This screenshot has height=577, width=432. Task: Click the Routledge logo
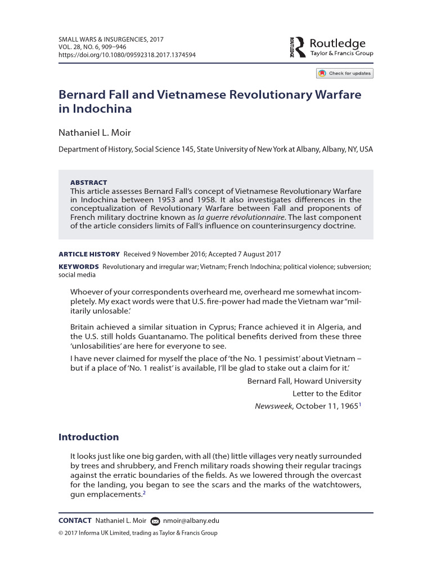[x=331, y=47]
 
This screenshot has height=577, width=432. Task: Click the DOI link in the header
[x=127, y=55]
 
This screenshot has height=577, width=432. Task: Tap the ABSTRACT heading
[x=88, y=183]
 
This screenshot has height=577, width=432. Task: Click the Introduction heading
[x=89, y=437]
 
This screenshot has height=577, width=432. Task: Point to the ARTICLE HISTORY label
[x=89, y=254]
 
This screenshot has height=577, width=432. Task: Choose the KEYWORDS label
[x=79, y=266]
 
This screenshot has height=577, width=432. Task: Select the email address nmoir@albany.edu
[x=191, y=521]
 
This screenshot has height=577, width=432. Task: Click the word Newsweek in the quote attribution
[x=274, y=406]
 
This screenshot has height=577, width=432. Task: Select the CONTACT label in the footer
[x=75, y=521]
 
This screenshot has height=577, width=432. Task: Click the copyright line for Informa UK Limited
[x=138, y=533]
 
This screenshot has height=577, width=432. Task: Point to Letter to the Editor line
[x=327, y=393]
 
